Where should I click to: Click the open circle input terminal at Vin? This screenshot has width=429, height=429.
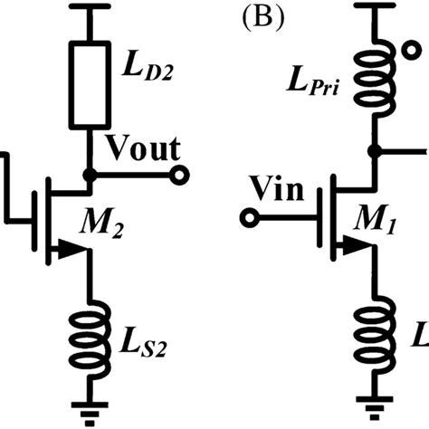tap(250, 218)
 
